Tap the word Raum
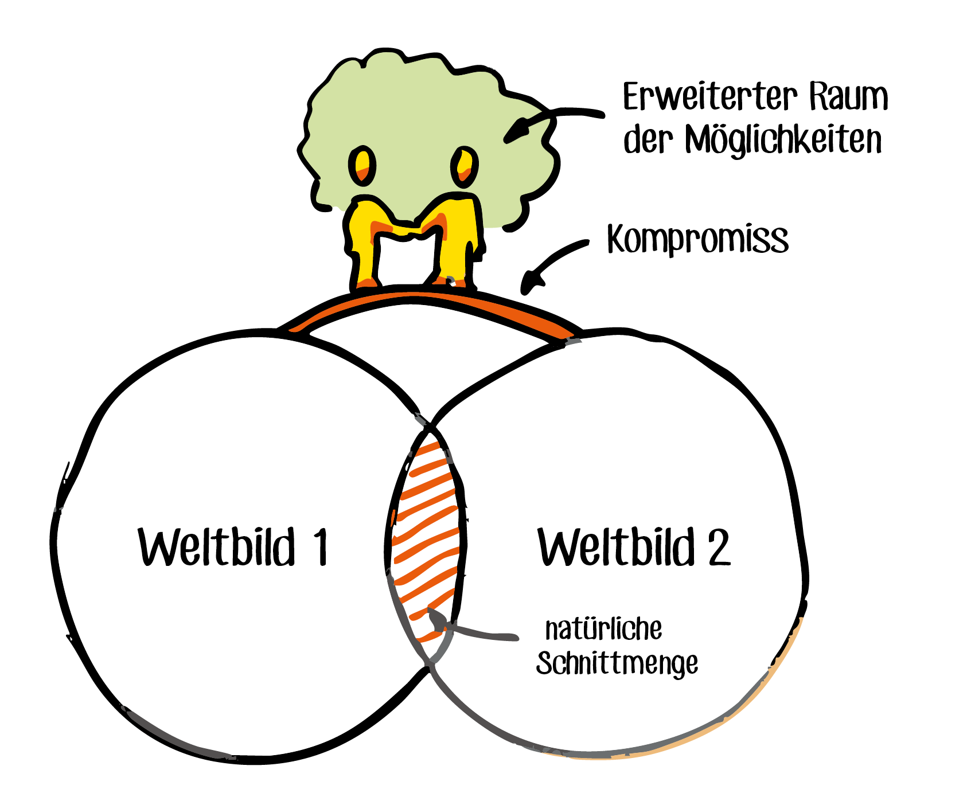pos(848,97)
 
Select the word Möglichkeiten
pos(783,140)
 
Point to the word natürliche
pos(603,629)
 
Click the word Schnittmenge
pos(617,664)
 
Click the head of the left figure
pos(362,165)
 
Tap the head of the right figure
pos(464,166)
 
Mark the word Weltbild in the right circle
pos(617,547)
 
